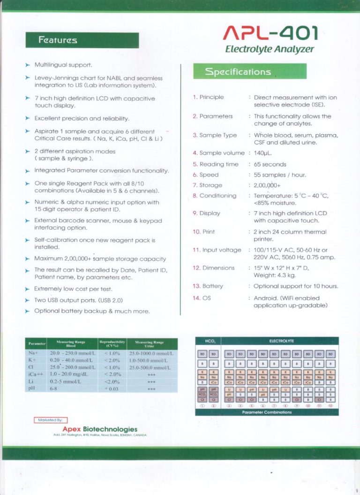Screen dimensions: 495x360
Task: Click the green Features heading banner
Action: coord(82,40)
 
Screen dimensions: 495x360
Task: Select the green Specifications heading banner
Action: coord(250,72)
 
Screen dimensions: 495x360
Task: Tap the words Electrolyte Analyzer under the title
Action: coord(270,49)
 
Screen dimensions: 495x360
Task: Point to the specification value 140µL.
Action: coord(263,153)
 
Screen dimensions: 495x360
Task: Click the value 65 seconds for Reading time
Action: coord(270,164)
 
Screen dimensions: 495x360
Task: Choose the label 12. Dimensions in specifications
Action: coord(213,268)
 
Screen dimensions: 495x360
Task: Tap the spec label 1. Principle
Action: coord(208,97)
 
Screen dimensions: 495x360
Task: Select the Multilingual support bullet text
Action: coord(63,65)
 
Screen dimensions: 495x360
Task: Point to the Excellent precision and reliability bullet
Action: coord(82,119)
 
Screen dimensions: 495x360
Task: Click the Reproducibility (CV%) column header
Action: coord(112,344)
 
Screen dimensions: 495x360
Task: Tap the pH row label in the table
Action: coord(32,388)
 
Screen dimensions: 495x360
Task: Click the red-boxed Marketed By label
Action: coord(51,420)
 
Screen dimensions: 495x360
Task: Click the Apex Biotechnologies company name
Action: coord(100,429)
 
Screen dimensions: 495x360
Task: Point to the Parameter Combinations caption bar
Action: coord(267,412)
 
